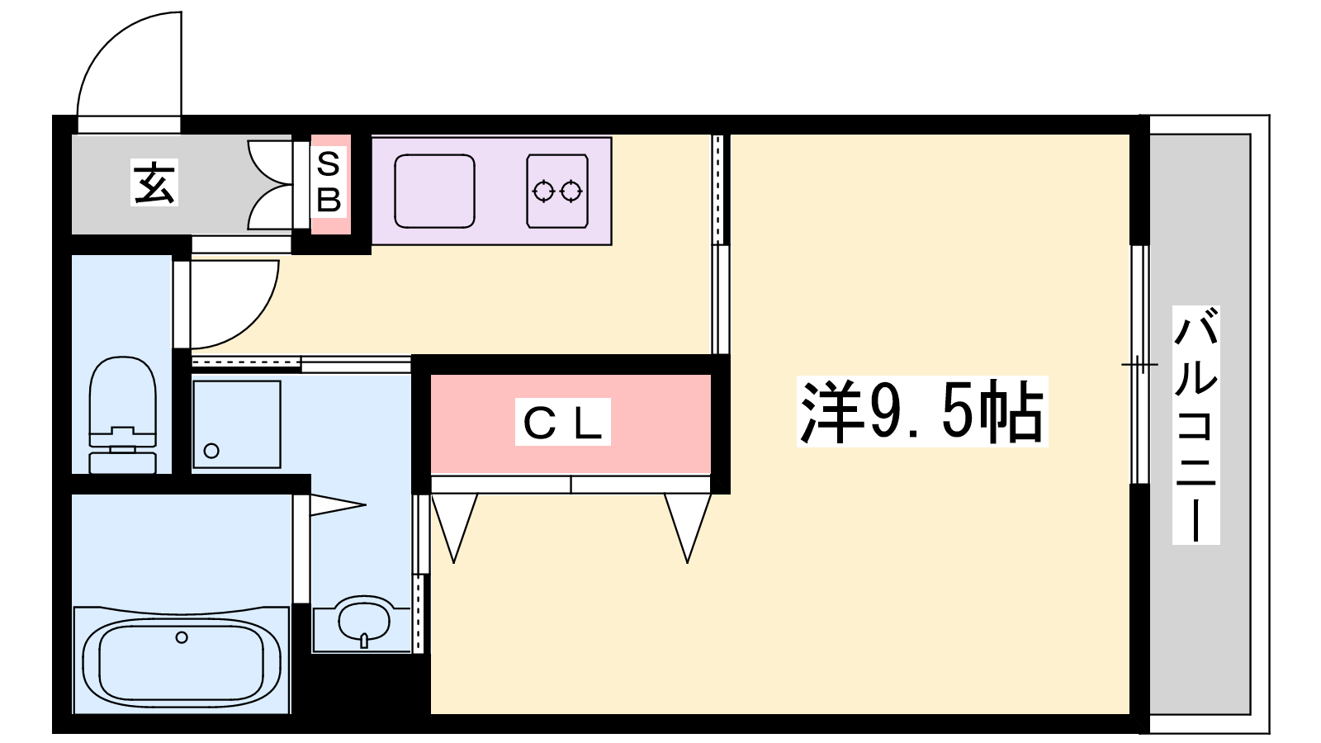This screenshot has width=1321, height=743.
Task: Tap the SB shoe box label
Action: click(x=329, y=182)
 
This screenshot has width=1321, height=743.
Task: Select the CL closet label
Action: click(x=562, y=422)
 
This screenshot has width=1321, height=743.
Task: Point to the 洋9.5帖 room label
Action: click(x=921, y=412)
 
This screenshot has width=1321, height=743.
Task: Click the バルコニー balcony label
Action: click(x=1196, y=424)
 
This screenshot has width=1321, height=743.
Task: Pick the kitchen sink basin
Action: click(x=434, y=191)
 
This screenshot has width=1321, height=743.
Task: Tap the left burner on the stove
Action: click(x=543, y=192)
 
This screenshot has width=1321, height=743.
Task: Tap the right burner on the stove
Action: click(x=571, y=192)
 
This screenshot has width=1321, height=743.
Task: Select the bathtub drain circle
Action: click(x=182, y=637)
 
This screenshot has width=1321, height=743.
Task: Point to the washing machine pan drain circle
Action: click(x=211, y=451)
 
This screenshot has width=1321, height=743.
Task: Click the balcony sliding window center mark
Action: click(x=1139, y=365)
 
